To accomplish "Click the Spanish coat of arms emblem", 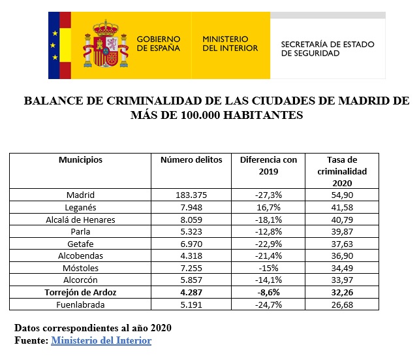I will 104,45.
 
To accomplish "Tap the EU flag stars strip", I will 55,45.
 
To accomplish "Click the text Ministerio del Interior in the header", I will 230,44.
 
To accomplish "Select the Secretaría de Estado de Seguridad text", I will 327,49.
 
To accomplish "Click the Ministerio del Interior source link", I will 101,340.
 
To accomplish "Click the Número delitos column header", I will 191,160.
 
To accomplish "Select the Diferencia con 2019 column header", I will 268,165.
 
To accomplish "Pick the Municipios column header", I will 80,160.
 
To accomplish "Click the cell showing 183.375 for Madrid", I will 191,195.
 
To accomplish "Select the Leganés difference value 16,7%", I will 268,207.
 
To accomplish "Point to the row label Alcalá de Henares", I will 81,220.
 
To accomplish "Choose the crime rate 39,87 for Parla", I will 342,231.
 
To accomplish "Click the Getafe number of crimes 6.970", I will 191,244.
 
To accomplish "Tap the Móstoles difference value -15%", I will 268,268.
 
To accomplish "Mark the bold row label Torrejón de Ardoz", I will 81,292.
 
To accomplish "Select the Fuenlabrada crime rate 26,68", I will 342,304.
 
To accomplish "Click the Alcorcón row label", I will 81,280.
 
